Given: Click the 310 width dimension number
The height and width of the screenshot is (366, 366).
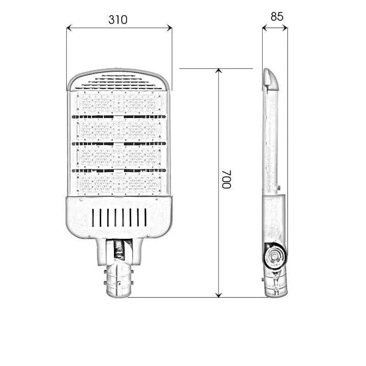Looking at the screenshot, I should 118,20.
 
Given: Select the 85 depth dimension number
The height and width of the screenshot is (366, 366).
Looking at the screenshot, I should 277,16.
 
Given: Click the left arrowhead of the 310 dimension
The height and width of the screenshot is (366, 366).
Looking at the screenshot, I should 69,28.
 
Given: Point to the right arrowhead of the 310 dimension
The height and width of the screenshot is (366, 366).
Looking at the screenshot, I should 170,28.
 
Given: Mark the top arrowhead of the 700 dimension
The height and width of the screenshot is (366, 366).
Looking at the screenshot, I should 219,71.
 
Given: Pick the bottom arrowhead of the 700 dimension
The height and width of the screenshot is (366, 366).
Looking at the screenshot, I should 219,295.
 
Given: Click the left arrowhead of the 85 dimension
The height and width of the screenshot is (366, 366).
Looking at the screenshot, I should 264,28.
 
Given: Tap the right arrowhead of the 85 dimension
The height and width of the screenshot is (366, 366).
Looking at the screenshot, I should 285,28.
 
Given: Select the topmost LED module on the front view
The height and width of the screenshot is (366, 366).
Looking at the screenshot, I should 119,103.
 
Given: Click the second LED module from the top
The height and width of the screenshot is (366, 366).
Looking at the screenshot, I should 119,130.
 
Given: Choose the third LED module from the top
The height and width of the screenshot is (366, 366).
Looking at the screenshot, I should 119,156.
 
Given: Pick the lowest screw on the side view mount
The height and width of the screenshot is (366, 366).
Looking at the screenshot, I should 276,290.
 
